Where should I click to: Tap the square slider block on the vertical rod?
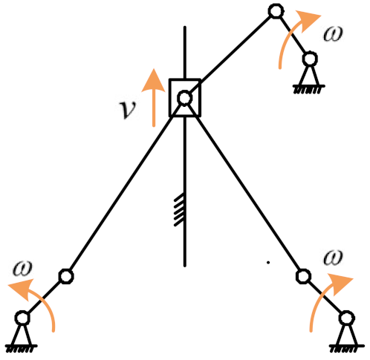pos(184,97)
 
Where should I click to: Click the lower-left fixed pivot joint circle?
pos(22,318)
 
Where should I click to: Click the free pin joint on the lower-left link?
pos(65,277)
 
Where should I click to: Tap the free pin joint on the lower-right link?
pos(302,277)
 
